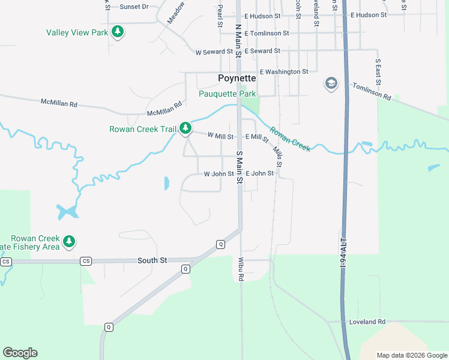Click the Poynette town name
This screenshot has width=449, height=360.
pos(237,79)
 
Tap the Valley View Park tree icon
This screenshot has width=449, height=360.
pos(118,31)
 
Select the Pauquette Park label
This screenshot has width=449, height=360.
pos(228,94)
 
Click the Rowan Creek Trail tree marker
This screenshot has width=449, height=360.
pos(186,128)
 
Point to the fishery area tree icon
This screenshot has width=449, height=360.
pos(70,241)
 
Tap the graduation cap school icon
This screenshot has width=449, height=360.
pos(331,83)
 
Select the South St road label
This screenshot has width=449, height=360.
pos(152,260)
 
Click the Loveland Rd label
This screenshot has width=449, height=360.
pos(367,322)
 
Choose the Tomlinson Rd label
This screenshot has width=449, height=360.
pos(372,92)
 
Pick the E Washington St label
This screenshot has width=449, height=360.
pos(280,71)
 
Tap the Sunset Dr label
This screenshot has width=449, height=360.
pos(134,7)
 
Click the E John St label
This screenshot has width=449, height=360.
pos(259,173)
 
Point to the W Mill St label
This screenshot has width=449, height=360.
pos(220,137)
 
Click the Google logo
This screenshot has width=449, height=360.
pos(20,353)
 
